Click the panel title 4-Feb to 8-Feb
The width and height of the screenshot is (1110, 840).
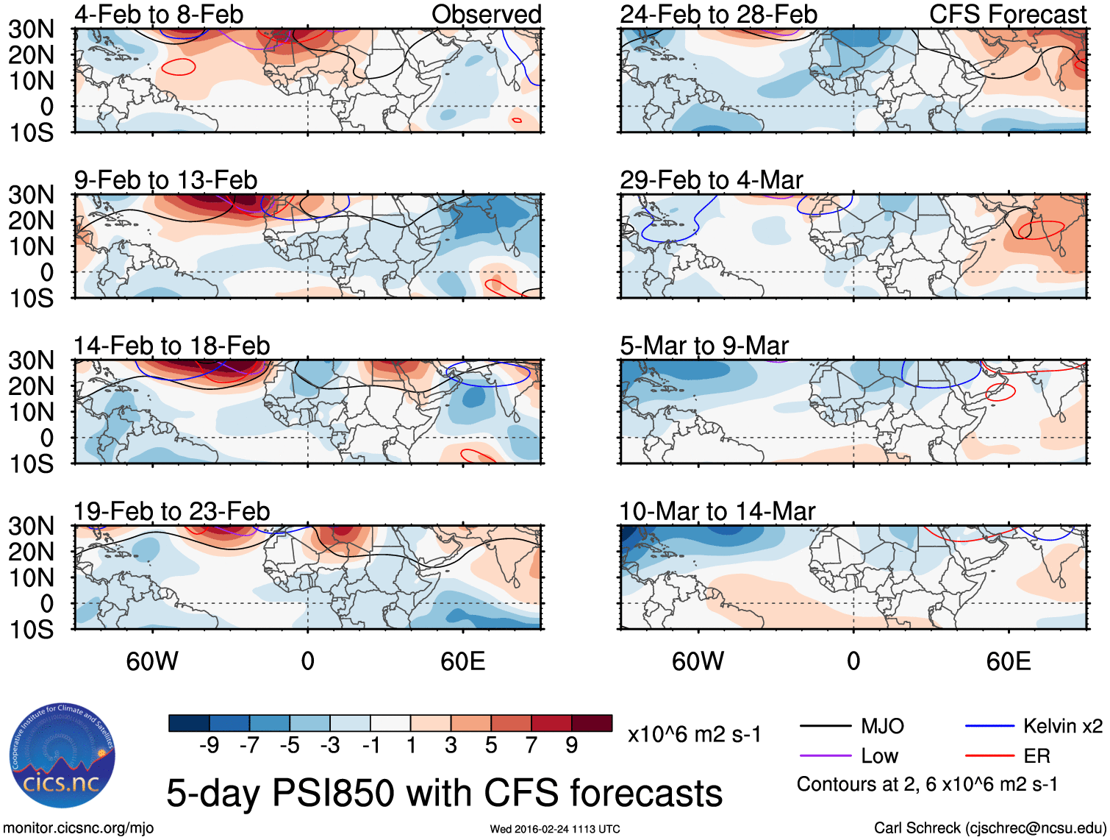159,14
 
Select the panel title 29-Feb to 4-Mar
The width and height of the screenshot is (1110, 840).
711,179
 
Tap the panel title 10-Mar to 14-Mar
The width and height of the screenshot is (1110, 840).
717,511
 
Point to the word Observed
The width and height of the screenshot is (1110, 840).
486,14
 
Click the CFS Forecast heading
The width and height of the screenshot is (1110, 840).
1007,14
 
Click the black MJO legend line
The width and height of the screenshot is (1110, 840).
826,727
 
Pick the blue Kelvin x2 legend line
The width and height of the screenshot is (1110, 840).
989,727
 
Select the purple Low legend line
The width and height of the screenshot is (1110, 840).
826,756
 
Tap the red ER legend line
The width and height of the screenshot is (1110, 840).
989,756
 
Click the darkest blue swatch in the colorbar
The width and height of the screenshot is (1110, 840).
189,723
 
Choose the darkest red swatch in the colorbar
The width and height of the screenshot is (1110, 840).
592,723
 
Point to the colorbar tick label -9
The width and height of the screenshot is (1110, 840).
209,746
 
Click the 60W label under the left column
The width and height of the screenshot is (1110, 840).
152,661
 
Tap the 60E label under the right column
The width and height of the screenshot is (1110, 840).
1008,661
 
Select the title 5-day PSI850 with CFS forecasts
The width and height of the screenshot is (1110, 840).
444,793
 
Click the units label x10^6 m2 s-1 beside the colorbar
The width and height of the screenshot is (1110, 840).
694,734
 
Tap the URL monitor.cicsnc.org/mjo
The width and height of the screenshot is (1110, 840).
79,828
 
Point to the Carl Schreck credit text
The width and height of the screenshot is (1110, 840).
989,828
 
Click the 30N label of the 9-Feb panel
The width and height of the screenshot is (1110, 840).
32,195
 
